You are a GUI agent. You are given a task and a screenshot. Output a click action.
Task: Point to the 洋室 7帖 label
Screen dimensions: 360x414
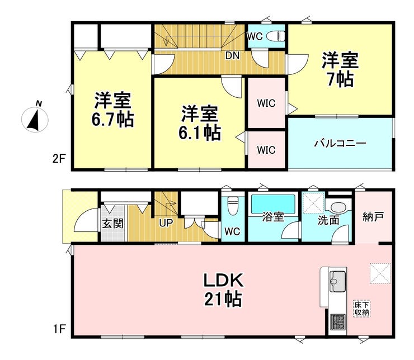point(340,70)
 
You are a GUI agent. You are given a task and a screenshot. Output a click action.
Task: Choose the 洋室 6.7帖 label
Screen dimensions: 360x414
point(113,109)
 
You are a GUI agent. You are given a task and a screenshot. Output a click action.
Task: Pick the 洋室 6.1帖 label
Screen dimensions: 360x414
point(200,123)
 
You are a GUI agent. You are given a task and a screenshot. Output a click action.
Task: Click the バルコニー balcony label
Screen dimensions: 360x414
point(339,143)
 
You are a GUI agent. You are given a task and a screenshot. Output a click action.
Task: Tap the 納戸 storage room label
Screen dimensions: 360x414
point(373,217)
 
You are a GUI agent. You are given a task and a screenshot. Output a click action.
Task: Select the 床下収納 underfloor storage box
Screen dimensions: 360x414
point(362,308)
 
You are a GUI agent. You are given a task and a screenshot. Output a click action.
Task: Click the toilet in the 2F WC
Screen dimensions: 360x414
point(276,36)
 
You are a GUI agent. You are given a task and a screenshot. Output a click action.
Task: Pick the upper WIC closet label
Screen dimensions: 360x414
point(266,103)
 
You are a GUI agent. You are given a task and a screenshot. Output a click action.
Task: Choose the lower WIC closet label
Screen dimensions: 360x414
point(266,150)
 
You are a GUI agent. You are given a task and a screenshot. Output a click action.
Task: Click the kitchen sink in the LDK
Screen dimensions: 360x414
point(337,279)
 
